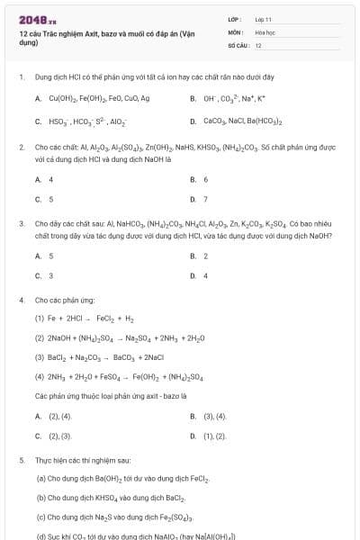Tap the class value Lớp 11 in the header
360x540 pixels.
point(263,18)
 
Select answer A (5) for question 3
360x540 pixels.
point(50,256)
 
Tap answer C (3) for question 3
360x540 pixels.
point(50,275)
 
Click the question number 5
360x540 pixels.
point(21,460)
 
